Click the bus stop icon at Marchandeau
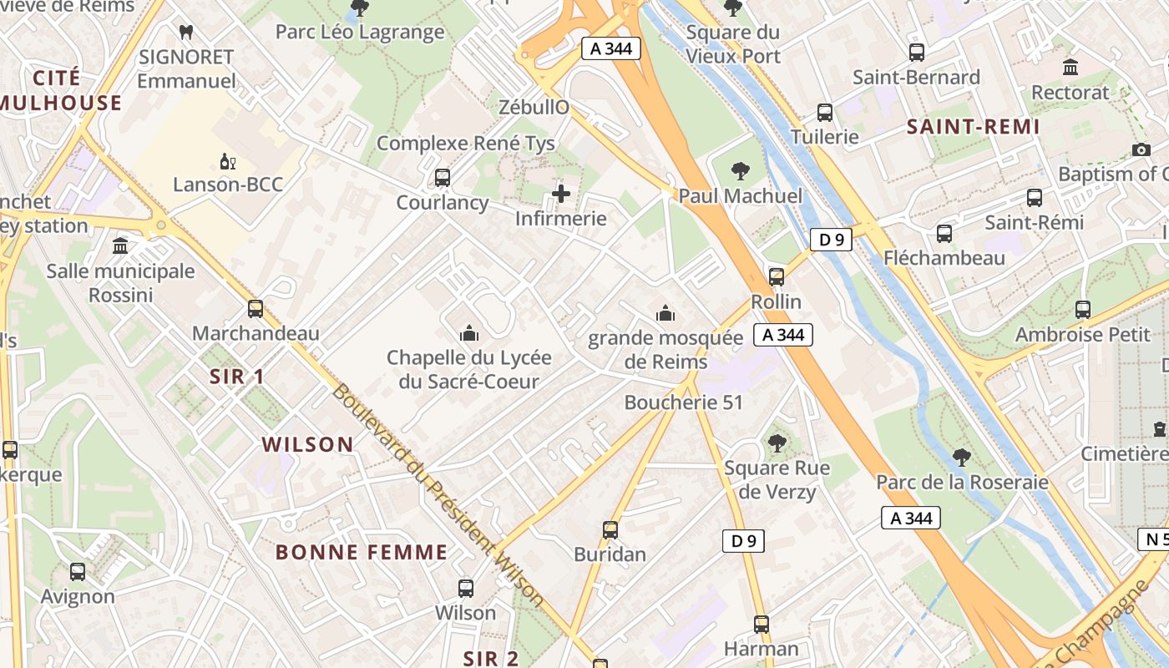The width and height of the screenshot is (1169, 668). point(256,309)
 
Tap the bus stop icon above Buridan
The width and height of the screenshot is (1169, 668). point(610,529)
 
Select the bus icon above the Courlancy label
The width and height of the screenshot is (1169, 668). point(443,178)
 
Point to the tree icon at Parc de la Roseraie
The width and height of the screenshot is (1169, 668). point(962,457)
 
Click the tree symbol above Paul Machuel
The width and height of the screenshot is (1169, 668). point(740,171)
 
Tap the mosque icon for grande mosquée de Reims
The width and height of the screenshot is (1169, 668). point(665,313)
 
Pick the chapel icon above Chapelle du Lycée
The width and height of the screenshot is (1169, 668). point(469,333)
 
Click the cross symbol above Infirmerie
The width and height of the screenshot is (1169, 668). point(561,195)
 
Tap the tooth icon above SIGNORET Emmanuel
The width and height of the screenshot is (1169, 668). point(186,33)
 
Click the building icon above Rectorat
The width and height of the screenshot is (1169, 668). point(1070,67)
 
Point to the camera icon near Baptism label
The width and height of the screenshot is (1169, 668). point(1141,149)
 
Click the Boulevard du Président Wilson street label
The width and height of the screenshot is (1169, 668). point(438,494)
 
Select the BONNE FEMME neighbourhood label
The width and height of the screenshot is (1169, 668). point(362,552)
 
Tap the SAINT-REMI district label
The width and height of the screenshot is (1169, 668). point(973,127)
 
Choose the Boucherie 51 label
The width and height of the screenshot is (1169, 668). point(684,402)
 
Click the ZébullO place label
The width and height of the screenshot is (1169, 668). point(534,107)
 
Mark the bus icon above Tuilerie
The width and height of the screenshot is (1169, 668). point(825,112)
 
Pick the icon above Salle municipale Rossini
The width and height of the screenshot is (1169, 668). point(120,246)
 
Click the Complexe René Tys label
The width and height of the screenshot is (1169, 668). point(466,143)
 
